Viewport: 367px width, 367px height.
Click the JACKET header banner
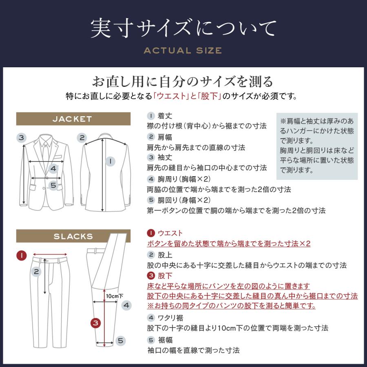coord(73,119)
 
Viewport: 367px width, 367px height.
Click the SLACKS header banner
coord(73,236)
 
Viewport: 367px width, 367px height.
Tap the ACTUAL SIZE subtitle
coord(183,51)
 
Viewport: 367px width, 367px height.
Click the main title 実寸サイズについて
coord(183,28)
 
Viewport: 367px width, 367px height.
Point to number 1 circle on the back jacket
coord(110,161)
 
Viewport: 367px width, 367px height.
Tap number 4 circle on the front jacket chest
coord(53,168)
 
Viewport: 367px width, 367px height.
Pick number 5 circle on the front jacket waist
coord(53,186)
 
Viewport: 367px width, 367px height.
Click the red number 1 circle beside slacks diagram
coord(22,256)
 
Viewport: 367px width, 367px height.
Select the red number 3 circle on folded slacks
coord(95,323)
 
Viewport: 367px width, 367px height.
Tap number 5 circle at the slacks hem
coord(120,340)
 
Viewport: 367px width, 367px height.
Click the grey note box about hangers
coord(317,146)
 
